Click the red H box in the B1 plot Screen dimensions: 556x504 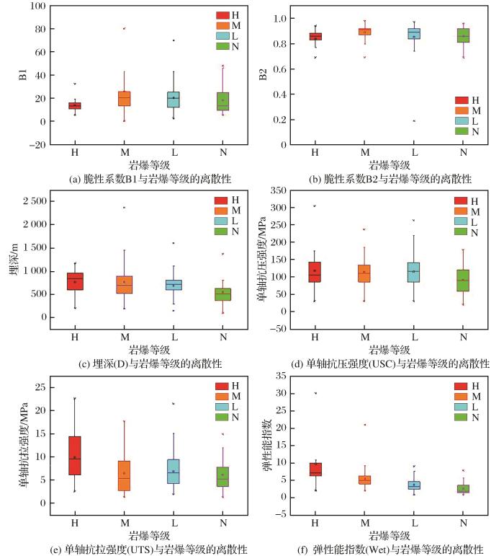(75, 105)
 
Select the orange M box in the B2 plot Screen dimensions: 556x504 (364, 32)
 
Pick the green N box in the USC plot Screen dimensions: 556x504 (463, 280)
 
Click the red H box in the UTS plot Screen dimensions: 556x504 (75, 455)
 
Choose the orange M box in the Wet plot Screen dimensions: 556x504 (364, 480)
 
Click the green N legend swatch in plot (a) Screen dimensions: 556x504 (222, 48)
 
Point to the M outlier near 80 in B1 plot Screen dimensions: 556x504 (125, 29)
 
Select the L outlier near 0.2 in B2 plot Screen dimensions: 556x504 (414, 120)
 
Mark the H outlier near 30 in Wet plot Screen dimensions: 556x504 (315, 393)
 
